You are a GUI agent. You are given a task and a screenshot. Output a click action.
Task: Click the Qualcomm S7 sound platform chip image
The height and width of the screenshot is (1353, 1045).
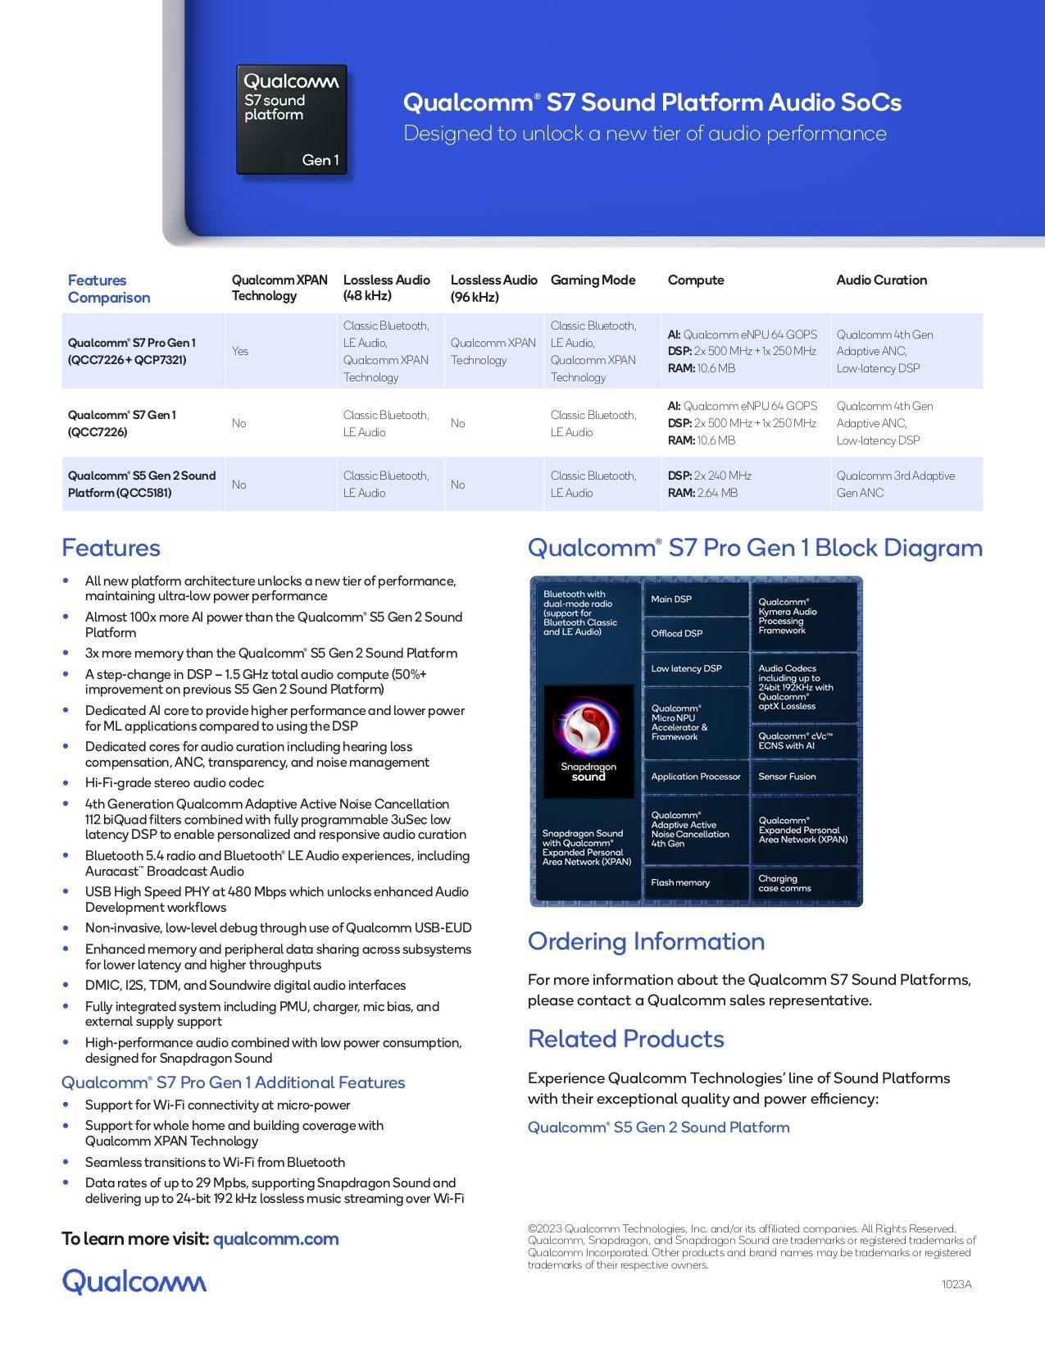(292, 120)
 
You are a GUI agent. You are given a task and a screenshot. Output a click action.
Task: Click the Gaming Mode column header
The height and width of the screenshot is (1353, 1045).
(593, 280)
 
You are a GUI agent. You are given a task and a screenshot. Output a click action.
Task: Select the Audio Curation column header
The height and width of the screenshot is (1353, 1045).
(881, 280)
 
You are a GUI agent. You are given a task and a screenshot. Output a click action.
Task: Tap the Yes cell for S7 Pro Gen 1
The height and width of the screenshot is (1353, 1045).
(240, 351)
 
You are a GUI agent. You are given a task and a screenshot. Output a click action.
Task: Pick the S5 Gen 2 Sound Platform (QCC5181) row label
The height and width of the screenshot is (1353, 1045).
(142, 484)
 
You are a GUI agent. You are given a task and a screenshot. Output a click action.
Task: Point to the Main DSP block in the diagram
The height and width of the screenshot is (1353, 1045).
(695, 599)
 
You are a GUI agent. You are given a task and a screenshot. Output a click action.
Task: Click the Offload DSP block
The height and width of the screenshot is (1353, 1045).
(695, 633)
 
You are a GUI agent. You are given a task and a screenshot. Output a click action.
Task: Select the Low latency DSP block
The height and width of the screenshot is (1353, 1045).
(695, 668)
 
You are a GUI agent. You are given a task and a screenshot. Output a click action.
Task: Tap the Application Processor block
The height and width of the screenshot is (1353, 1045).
(695, 777)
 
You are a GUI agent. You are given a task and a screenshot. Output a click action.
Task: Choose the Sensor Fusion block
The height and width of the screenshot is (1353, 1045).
(803, 777)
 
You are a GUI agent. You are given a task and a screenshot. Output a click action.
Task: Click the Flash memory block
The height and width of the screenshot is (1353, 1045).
(695, 883)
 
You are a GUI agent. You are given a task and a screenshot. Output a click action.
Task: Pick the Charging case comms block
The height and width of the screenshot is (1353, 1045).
(803, 883)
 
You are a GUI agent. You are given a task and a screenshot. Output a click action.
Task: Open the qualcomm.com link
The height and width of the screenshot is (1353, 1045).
(275, 1239)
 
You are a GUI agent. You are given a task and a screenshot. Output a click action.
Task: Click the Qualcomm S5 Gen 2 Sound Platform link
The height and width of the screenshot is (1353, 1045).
(658, 1127)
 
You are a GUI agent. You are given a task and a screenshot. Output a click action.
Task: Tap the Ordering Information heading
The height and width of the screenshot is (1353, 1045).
(646, 941)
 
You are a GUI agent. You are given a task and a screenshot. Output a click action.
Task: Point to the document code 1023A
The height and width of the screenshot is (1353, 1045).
(956, 1285)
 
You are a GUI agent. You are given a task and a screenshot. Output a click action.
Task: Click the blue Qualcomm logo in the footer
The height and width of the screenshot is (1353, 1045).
(134, 1282)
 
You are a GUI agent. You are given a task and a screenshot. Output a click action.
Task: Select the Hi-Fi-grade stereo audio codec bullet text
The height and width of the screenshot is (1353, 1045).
(175, 783)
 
